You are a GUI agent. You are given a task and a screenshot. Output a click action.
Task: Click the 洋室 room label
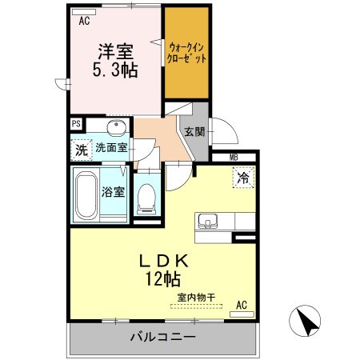pos(115,50)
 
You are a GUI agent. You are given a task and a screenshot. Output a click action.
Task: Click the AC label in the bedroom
pos(83,22)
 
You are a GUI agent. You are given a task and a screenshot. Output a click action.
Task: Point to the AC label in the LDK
pos(242,304)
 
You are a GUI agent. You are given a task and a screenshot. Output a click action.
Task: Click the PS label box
pos(76,123)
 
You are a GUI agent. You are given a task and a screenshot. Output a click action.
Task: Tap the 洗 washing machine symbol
pos(81,149)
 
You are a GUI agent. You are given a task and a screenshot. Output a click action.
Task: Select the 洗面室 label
pos(111,148)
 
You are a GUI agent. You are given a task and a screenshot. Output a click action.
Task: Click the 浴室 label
pos(112,192)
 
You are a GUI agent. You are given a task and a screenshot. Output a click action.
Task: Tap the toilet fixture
pos(146,197)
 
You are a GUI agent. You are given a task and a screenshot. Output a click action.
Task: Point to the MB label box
pos(234,158)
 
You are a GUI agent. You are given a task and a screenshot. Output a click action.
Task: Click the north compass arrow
pos(306,322)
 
